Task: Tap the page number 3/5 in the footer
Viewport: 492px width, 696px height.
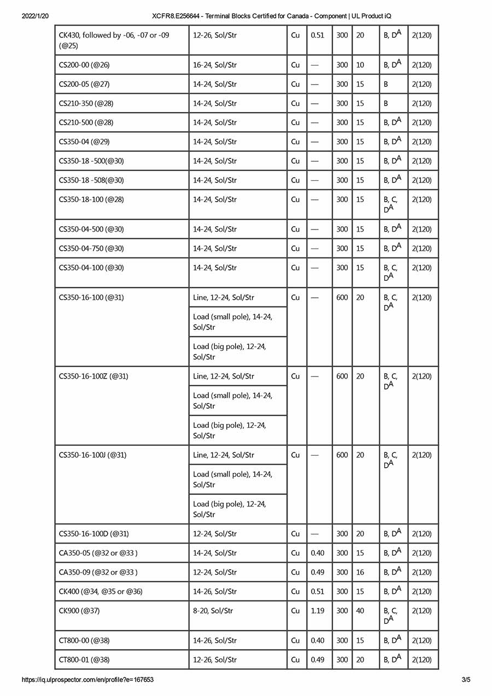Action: click(466, 680)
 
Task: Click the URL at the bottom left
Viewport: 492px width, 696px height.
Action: click(87, 680)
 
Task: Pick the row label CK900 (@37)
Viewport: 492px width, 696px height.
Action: click(79, 611)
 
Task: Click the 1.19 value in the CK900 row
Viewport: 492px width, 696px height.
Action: click(317, 611)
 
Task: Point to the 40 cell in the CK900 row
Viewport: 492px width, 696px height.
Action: click(360, 611)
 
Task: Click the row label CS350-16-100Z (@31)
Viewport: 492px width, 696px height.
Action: click(93, 376)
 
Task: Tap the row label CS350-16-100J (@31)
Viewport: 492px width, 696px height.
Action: click(92, 455)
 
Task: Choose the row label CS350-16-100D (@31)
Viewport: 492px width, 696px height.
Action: click(94, 534)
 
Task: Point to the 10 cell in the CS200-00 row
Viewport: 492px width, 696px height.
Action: click(360, 65)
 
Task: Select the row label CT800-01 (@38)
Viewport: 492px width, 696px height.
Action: click(84, 660)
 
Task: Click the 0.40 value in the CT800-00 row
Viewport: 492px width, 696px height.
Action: click(317, 640)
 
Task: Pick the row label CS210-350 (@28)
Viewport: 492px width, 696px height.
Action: click(86, 103)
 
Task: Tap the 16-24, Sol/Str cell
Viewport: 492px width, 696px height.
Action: click(215, 65)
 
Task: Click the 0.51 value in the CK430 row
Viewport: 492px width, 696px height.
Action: click(317, 36)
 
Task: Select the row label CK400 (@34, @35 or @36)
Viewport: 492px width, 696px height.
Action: click(101, 592)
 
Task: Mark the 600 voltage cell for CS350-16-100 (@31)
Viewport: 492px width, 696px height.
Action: click(342, 298)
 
